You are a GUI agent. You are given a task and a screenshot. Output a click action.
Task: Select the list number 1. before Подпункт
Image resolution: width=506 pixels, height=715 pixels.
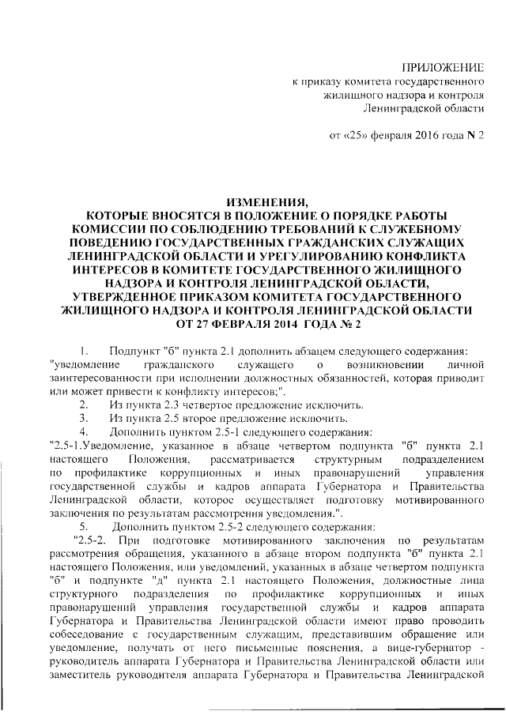[x=83, y=351]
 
